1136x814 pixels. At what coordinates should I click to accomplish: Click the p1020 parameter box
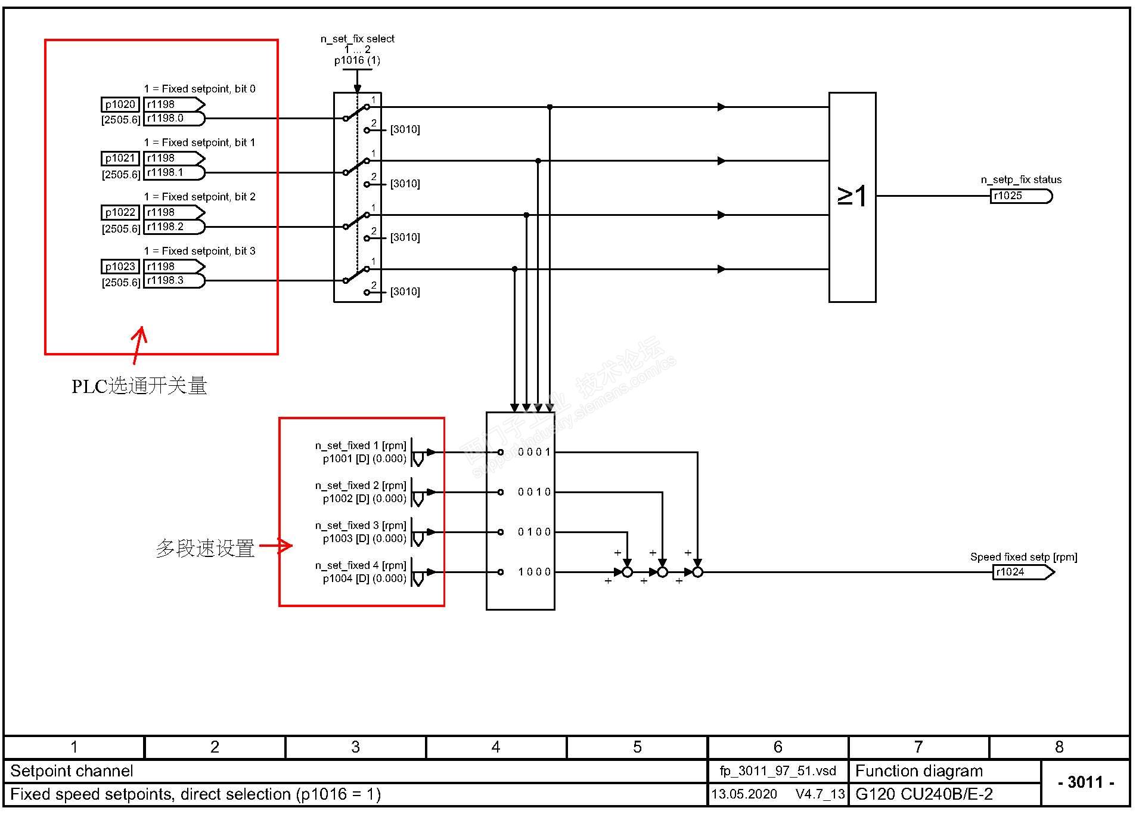[120, 105]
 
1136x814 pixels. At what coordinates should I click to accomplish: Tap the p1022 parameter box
[120, 213]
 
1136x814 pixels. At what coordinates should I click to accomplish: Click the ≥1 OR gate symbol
[852, 196]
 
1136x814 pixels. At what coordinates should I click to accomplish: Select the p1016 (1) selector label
[357, 60]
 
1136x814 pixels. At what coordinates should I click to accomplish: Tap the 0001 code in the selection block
[534, 452]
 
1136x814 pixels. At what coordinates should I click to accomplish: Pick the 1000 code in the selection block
[534, 572]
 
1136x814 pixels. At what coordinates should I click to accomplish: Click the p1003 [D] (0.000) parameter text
[364, 538]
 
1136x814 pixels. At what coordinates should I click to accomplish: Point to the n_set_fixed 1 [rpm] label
[361, 445]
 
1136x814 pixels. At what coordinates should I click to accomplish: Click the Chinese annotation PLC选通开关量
[139, 386]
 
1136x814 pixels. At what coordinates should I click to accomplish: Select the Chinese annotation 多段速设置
[205, 548]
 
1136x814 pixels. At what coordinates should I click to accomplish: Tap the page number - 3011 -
[1085, 782]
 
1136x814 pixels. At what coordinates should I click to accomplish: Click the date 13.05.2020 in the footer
[744, 794]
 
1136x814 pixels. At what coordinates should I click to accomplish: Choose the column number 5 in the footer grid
[637, 747]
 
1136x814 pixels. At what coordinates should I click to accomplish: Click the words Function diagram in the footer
[918, 771]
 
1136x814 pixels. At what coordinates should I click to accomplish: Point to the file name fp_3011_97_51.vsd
[778, 771]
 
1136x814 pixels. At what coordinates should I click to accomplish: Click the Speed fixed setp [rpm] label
[1023, 557]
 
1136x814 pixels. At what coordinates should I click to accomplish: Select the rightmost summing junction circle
[697, 572]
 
